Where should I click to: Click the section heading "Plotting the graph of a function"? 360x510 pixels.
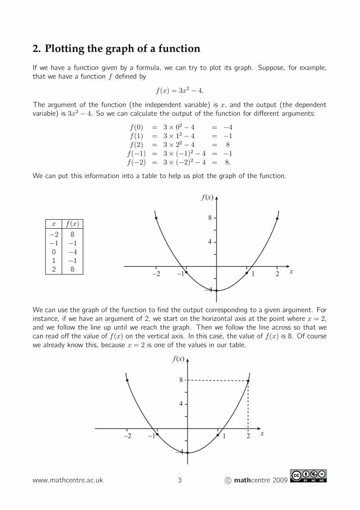pos(116,49)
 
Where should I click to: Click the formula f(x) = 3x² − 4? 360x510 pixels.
pos(179,90)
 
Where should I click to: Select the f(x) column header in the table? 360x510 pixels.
pos(72,224)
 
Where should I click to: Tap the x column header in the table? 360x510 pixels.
pos(53,224)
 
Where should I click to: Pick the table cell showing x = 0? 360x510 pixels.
pos(53,252)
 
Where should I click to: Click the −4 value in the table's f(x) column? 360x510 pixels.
pos(72,252)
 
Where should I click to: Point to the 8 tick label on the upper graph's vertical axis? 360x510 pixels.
pos(210,218)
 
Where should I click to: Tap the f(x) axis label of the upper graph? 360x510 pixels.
pos(207,197)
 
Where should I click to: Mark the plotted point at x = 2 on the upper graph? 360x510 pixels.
pos(277,219)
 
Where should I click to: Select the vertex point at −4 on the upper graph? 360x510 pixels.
pos(217,290)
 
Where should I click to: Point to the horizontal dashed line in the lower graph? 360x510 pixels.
pos(218,381)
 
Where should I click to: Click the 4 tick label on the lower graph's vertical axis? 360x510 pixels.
pos(181,404)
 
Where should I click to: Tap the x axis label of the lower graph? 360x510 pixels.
pos(262,433)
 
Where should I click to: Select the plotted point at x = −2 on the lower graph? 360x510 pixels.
pos(127,381)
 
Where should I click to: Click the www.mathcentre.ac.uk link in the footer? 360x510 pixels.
pos(68,480)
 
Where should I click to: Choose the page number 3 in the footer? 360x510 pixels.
pos(180,480)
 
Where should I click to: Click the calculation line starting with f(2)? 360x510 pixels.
pos(179,144)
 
